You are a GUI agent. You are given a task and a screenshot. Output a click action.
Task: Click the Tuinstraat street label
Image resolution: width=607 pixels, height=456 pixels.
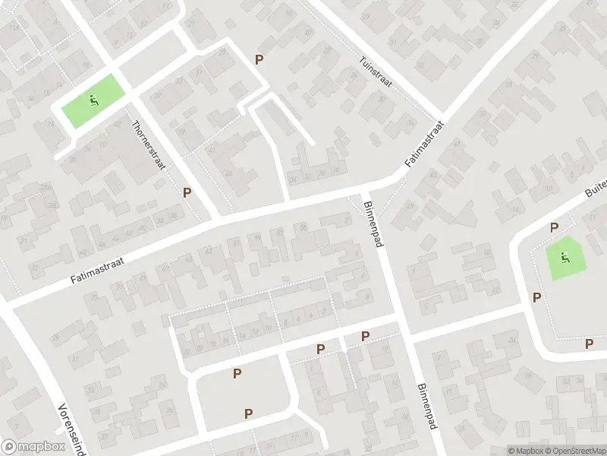click(376, 72)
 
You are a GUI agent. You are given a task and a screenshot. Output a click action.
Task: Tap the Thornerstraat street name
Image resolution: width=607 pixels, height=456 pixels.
click(148, 144)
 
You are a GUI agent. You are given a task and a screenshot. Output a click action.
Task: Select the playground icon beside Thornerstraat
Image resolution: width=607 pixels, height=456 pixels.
click(93, 99)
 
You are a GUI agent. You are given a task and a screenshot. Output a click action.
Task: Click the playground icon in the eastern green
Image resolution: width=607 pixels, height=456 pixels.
click(564, 258)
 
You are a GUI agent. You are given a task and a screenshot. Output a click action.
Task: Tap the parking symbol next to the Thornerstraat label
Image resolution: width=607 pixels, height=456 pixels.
click(187, 193)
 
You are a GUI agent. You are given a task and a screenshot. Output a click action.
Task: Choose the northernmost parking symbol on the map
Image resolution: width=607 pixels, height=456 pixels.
click(259, 59)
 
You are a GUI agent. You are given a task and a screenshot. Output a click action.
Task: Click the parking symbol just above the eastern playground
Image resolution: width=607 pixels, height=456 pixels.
click(554, 227)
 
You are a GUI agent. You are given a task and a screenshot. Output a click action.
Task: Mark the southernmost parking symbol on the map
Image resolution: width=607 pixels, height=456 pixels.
click(248, 413)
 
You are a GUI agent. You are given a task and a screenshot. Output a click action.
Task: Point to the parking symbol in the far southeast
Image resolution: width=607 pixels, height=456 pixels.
click(589, 344)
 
